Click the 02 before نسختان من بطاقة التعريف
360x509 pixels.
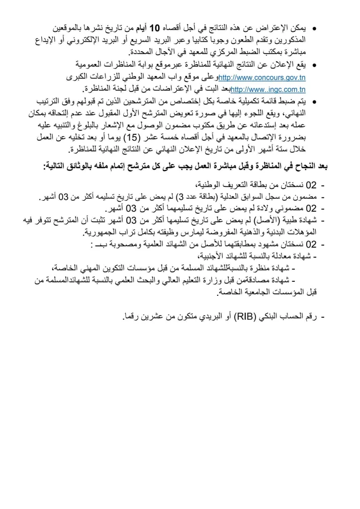coord(311,185)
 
